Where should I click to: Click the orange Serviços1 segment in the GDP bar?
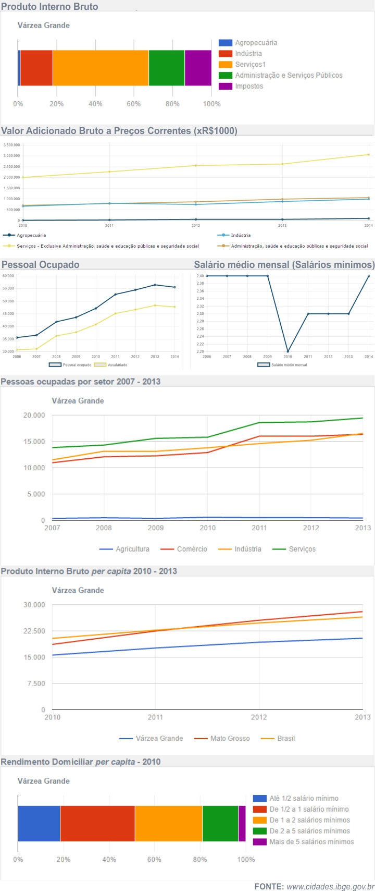click(x=101, y=68)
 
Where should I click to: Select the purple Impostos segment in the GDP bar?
click(x=198, y=68)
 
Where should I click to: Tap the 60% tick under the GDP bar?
click(x=134, y=104)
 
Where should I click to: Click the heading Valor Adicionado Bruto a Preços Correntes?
click(x=119, y=131)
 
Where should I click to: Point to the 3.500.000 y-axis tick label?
click(x=11, y=145)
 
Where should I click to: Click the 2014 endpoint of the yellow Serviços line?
click(x=368, y=154)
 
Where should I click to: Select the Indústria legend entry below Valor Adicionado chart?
click(x=240, y=235)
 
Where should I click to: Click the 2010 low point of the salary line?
click(x=288, y=351)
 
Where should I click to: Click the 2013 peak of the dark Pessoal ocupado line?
click(x=155, y=285)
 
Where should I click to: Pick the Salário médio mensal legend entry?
click(x=289, y=365)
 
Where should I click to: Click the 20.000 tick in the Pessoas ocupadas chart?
click(x=34, y=415)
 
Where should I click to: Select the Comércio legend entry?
click(x=191, y=549)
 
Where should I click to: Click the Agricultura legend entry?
click(x=132, y=549)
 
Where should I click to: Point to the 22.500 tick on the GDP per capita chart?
click(x=34, y=631)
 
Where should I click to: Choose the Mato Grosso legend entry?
click(x=229, y=738)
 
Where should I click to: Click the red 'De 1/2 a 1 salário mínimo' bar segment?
click(x=97, y=823)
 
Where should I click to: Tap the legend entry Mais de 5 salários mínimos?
click(x=311, y=841)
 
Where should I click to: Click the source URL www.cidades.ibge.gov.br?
click(x=330, y=886)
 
